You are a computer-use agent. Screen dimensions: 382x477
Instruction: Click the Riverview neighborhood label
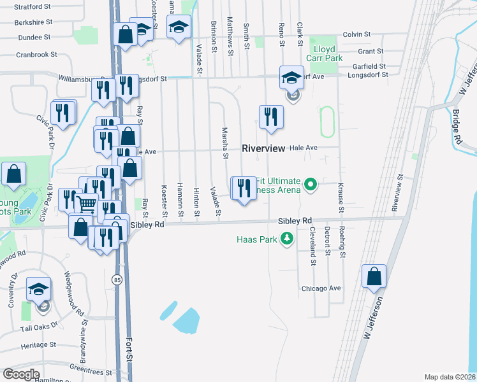point(263,148)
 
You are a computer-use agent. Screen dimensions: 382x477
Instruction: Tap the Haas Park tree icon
point(288,239)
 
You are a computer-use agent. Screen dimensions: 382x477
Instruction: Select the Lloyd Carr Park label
point(327,53)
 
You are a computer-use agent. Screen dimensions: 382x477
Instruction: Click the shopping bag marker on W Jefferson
point(374,277)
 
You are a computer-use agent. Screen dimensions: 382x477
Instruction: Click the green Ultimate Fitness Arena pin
point(311,185)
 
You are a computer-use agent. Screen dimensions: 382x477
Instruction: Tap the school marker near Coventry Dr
point(38,290)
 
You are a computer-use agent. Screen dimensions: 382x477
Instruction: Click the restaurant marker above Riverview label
point(271,117)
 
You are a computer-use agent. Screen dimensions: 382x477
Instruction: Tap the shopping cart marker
point(87,204)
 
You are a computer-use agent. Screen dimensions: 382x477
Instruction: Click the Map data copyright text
point(450,377)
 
